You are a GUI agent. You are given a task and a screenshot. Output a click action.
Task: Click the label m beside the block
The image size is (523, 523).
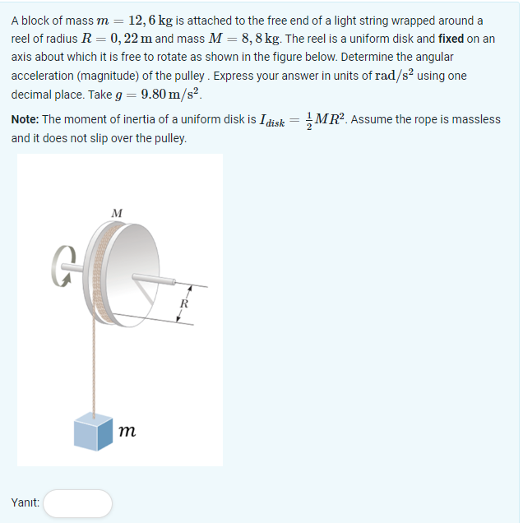coord(127,430)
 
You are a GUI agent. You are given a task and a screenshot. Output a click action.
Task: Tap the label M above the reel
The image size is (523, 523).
coord(117,213)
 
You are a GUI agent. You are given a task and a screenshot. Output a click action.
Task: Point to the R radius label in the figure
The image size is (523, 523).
coord(184,303)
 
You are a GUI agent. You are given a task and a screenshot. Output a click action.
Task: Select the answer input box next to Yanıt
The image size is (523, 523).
coord(77,502)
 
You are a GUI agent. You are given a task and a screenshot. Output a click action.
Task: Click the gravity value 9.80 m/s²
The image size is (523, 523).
coord(172,94)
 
